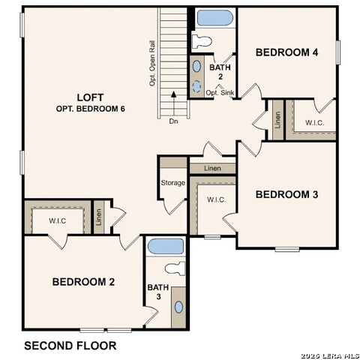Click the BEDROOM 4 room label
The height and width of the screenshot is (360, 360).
click(286, 52)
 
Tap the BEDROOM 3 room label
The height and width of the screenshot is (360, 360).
click(286, 194)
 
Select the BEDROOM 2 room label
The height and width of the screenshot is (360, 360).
click(83, 282)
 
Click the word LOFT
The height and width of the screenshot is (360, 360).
click(90, 97)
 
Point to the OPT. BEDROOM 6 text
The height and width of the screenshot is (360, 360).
click(90, 109)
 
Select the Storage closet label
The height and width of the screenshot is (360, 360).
click(172, 183)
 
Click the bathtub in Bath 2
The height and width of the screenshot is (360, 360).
click(215, 17)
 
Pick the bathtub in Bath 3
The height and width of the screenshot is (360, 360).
click(165, 246)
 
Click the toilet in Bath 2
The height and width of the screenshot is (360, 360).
click(202, 40)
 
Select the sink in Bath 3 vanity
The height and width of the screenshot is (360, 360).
click(178, 307)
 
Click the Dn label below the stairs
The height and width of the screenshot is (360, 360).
click(173, 120)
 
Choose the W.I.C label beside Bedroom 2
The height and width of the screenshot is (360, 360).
click(57, 220)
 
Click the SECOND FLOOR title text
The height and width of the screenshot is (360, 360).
click(70, 346)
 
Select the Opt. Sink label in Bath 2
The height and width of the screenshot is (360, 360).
click(220, 92)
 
